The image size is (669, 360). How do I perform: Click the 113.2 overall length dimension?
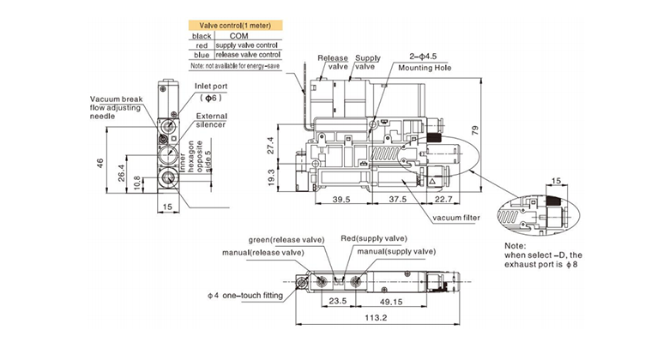tap(376, 318)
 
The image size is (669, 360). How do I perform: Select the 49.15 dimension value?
tap(391, 302)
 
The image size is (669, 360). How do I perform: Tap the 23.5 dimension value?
tap(337, 301)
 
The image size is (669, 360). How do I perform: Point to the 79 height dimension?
tap(476, 130)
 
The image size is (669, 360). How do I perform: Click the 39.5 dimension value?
tap(341, 199)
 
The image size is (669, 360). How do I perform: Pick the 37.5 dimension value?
tap(398, 199)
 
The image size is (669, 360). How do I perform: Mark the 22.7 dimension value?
tap(443, 199)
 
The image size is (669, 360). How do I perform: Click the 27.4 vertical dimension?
tap(270, 146)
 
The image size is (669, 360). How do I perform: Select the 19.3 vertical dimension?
tap(270, 178)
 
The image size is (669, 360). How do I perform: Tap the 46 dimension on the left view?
tap(100, 164)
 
